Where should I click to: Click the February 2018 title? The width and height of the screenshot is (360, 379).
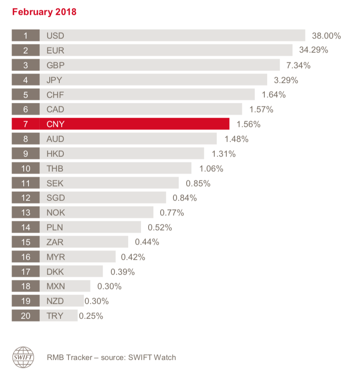44,12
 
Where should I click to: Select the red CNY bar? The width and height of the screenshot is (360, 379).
134,124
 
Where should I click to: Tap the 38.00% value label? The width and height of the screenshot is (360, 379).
326,36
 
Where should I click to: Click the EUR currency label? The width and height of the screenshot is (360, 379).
55,50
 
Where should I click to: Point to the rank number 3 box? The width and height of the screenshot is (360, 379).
26,65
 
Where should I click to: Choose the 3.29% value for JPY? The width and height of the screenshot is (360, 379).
286,80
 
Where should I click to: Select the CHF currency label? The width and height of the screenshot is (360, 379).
55,95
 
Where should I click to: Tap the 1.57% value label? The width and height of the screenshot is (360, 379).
261,109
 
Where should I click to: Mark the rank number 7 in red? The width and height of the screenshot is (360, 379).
26,124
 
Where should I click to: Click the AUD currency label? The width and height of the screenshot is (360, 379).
55,139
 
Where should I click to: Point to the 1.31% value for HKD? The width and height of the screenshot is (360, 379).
223,154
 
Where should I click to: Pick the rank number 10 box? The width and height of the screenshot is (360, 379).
26,168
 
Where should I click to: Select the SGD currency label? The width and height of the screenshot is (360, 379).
56,198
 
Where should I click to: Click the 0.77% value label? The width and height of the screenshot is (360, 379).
172,213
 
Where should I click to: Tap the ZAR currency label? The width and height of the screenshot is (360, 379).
55,242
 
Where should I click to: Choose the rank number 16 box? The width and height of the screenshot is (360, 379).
26,257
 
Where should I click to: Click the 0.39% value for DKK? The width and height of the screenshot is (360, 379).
123,272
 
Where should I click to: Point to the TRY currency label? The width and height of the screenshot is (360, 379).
55,316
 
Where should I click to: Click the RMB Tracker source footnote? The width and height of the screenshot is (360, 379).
111,357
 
